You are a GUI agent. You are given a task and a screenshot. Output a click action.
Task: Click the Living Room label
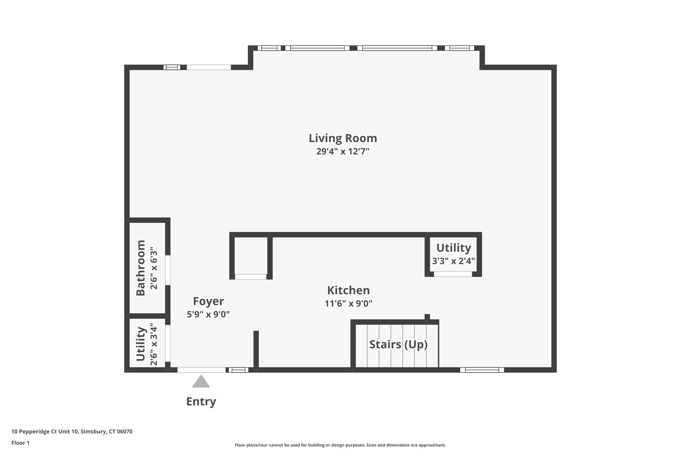coord(343,138)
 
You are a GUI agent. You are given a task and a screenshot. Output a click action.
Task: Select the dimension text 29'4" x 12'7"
coord(343,152)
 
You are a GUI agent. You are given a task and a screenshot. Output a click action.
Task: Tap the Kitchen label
coord(348,290)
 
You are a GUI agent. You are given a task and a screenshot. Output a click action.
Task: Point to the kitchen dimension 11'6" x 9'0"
coord(348,303)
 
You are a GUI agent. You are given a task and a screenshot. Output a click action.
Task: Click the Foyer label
coord(208,301)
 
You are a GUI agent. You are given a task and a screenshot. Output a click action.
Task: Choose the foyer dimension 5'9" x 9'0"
coord(208,314)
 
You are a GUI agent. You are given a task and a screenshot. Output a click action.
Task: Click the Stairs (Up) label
coord(398,345)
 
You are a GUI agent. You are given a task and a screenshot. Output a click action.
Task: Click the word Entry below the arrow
coord(201,401)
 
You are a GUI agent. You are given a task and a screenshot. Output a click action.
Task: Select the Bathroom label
coord(141,268)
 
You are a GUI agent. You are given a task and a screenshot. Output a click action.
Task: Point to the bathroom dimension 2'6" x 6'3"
coord(153,268)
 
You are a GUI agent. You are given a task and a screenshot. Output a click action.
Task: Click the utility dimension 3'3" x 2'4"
coord(453,261)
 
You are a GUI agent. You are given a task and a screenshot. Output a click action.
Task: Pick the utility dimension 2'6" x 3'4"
coord(153,344)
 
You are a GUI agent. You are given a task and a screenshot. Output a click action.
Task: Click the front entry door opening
coord(201,370)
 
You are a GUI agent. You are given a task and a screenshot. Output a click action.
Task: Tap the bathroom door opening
coord(168,270)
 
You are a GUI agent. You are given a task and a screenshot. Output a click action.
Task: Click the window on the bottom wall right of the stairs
coord(482,370)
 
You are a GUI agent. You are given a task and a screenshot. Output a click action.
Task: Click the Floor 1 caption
coord(20,443)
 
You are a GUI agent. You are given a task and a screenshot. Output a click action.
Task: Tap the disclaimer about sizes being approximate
coord(340,445)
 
